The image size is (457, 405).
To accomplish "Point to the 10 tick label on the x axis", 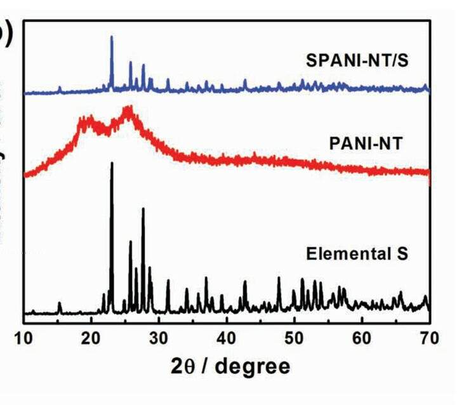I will (x=24, y=336).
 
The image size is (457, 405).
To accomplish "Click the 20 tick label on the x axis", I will (x=91, y=336).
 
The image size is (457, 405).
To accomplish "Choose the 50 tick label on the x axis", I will (x=295, y=336).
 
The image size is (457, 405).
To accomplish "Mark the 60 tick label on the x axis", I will (x=362, y=336).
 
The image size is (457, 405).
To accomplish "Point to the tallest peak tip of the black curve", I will (x=112, y=164).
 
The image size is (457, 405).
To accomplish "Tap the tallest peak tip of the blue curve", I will (x=112, y=37).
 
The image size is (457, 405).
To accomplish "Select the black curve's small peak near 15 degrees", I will (x=60, y=303).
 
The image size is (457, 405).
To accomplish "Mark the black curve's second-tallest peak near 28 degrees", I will (x=143, y=209).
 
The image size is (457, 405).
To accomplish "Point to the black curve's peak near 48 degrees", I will (x=279, y=278).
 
